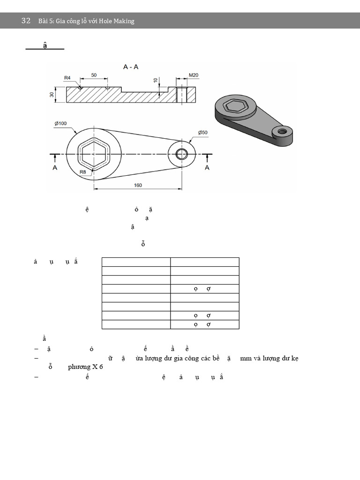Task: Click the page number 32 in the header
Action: pyautogui.click(x=26, y=21)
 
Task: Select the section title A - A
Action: pyautogui.click(x=131, y=67)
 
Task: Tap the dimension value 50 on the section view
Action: pyautogui.click(x=94, y=75)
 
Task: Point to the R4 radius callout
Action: pyautogui.click(x=67, y=78)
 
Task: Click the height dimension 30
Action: pyautogui.click(x=52, y=94)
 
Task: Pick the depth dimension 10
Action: pyautogui.click(x=156, y=80)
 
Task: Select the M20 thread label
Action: pyautogui.click(x=193, y=75)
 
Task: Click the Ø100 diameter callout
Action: pyautogui.click(x=60, y=123)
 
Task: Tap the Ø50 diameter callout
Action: pyautogui.click(x=202, y=133)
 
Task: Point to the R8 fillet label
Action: pyautogui.click(x=82, y=172)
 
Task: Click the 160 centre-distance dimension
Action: pyautogui.click(x=138, y=185)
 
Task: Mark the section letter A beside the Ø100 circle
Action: pyautogui.click(x=55, y=168)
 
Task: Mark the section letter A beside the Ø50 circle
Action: pyautogui.click(x=207, y=168)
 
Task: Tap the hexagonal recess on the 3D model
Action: pyautogui.click(x=235, y=106)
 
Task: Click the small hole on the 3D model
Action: pyautogui.click(x=282, y=132)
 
